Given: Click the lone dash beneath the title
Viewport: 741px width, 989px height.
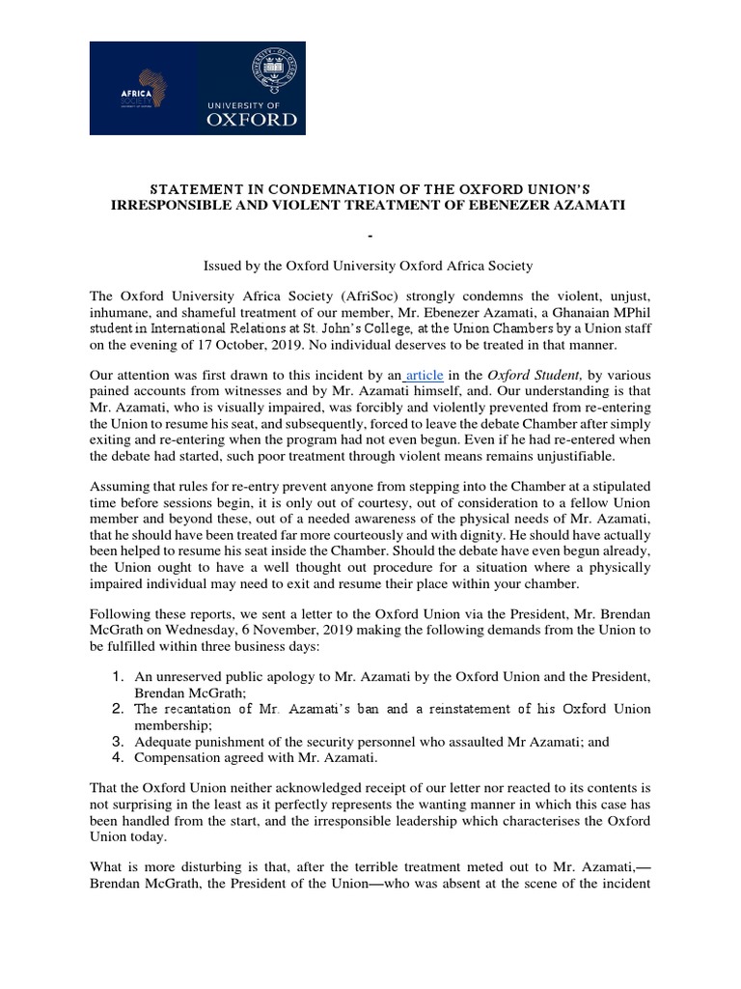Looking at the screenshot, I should (370, 236).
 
